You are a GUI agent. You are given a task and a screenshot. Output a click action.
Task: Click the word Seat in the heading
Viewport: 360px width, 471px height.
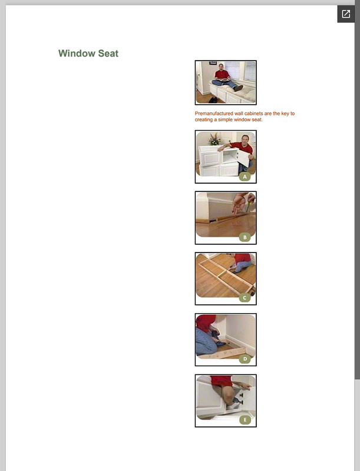(108, 54)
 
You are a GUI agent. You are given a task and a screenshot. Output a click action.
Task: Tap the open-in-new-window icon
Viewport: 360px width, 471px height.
(346, 14)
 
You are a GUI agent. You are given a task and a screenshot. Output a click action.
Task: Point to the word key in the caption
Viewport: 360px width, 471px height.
(285, 114)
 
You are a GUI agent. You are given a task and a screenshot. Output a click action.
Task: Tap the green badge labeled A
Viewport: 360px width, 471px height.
(245, 177)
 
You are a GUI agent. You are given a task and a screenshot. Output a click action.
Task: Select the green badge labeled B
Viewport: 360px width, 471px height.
(245, 237)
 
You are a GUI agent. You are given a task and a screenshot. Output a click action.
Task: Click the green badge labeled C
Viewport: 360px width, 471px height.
(245, 298)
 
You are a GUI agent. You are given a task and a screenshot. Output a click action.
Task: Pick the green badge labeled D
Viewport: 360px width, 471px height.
(245, 359)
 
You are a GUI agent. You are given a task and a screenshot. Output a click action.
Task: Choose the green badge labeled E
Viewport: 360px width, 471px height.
(245, 420)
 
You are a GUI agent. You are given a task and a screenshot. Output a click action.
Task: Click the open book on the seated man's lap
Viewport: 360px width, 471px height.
(222, 79)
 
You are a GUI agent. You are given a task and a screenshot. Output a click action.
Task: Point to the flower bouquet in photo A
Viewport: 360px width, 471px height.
(214, 139)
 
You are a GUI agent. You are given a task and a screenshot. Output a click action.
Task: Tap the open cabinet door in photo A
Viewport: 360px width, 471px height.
(244, 158)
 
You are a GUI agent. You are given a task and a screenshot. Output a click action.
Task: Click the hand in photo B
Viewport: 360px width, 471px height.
(239, 203)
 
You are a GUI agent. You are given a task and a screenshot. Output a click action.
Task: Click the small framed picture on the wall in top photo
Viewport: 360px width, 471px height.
(213, 63)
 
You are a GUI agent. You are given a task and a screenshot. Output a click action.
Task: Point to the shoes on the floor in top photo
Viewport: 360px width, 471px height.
(213, 99)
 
